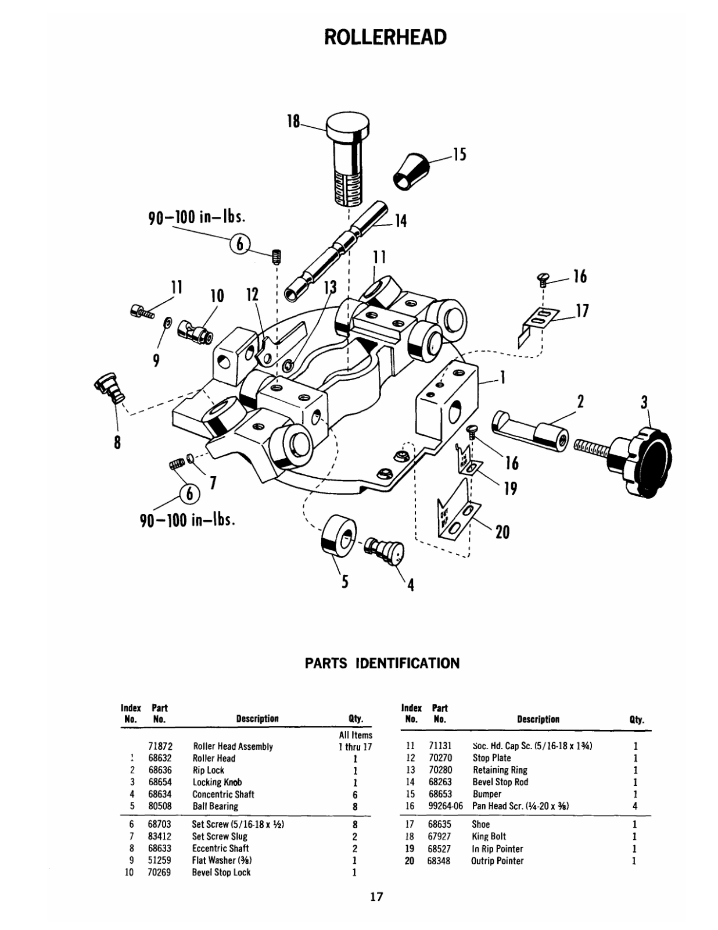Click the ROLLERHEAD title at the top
tap(385, 37)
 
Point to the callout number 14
tap(400, 220)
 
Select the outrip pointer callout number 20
tap(502, 531)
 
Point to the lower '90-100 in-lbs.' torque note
tap(188, 518)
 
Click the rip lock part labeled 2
tap(530, 431)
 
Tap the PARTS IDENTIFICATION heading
tap(382, 663)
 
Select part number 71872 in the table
tap(160, 746)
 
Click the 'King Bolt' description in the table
tap(489, 836)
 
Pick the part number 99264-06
tap(446, 806)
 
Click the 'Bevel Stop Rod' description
tap(500, 782)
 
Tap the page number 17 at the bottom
tap(376, 897)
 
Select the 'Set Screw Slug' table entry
tap(220, 836)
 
